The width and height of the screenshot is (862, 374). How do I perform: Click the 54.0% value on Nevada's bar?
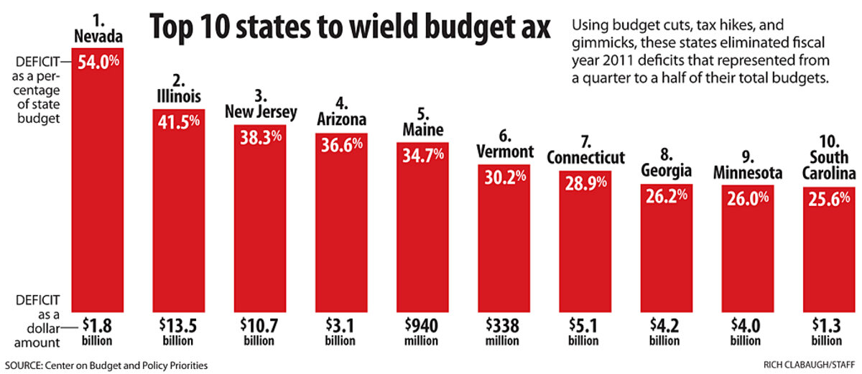98,63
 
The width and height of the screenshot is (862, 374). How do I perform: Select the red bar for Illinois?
179,215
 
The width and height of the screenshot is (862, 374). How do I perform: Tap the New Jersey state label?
260,106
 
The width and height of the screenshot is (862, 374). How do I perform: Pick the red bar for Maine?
423,230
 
